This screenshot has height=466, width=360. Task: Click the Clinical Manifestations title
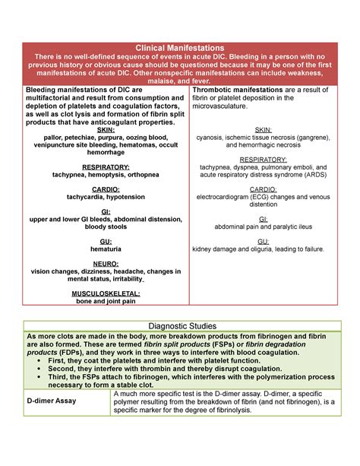pos(179,47)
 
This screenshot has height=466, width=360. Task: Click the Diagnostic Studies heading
pos(179,325)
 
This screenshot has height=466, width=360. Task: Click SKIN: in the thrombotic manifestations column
pos(263,129)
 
